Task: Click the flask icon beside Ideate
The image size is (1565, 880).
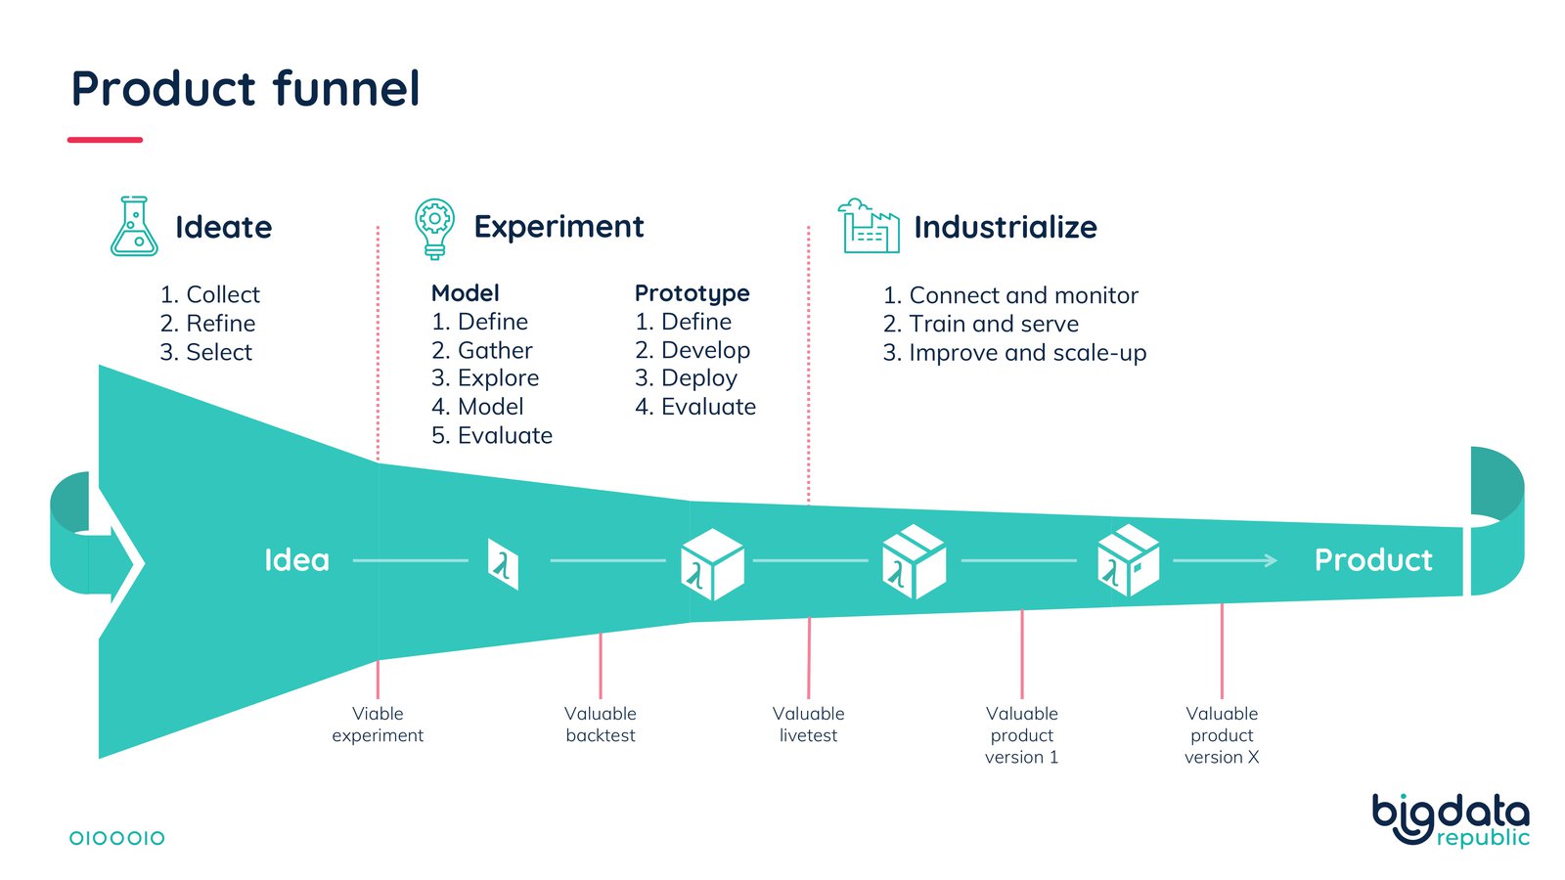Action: [134, 227]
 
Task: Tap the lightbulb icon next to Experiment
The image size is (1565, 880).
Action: [434, 228]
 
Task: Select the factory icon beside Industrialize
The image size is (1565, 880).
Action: [869, 227]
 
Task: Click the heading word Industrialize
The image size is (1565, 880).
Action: [1005, 227]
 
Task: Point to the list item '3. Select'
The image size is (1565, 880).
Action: [205, 352]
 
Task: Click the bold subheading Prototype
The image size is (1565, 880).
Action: [692, 293]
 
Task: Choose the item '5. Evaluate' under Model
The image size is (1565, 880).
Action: [491, 435]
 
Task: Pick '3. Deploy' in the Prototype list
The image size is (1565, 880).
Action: [686, 378]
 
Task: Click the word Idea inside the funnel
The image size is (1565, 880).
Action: [296, 560]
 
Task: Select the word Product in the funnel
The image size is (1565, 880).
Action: [1372, 560]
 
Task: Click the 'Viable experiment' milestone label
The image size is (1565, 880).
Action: [378, 725]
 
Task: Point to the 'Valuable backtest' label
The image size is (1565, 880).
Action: [601, 725]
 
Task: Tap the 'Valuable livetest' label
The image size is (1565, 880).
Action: [808, 725]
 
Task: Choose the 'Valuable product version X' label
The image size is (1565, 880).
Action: [1222, 735]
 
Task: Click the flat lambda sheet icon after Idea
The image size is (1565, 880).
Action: [503, 564]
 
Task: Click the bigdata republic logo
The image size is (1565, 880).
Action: [1451, 819]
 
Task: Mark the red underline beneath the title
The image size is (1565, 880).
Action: [105, 140]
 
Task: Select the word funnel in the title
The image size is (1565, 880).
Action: [346, 89]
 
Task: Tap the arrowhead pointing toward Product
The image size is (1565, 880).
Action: [1270, 560]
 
